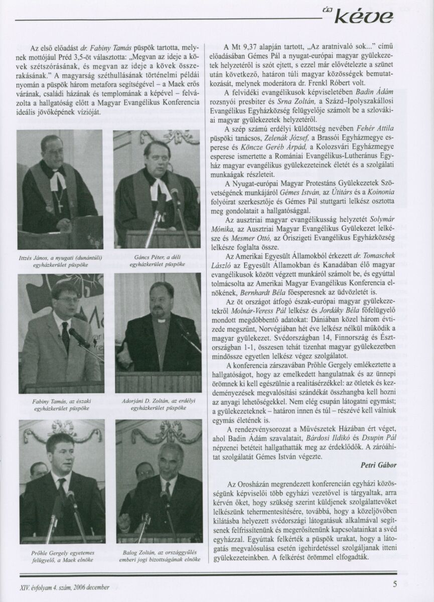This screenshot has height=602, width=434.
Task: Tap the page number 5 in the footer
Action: tap(395, 583)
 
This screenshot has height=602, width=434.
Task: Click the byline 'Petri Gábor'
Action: tap(379, 465)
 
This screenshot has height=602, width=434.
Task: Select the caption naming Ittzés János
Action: tap(60, 261)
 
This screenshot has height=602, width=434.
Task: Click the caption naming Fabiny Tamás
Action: tap(60, 405)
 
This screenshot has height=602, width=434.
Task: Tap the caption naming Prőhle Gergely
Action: tap(61, 555)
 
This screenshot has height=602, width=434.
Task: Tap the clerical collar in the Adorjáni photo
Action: tap(161, 320)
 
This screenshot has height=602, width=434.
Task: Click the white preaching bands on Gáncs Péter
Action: tap(161, 190)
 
